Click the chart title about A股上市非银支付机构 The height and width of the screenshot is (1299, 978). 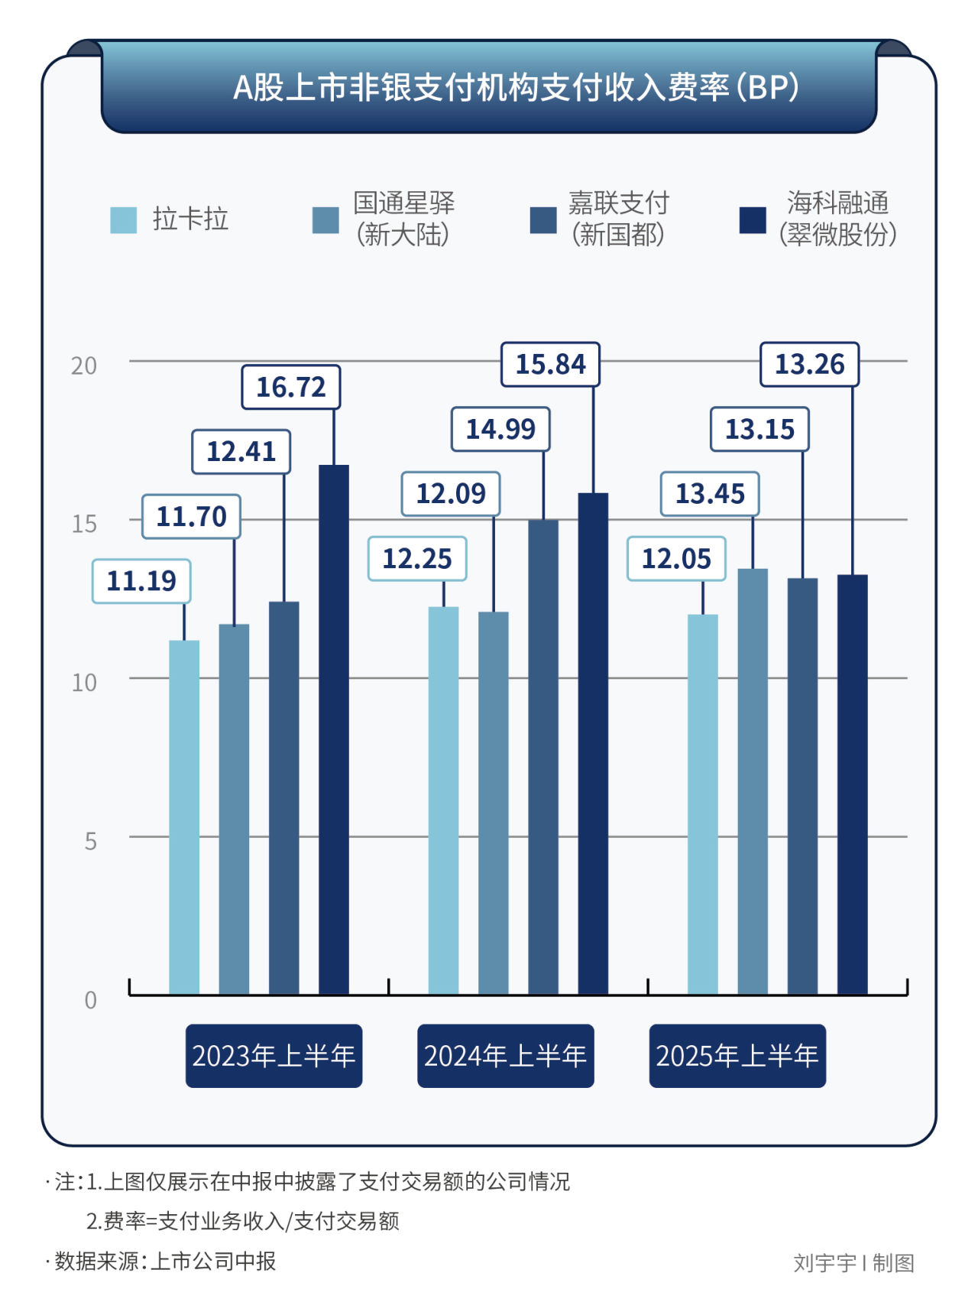(x=516, y=87)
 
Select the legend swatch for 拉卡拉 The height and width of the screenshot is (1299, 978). (x=124, y=219)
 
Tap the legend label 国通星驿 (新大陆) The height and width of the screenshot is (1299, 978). (x=403, y=219)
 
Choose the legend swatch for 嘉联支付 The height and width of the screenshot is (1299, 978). (x=543, y=219)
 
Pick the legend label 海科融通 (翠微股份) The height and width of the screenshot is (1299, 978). (x=837, y=219)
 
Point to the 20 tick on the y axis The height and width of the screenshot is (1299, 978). (x=84, y=366)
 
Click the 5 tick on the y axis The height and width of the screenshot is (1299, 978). (x=90, y=842)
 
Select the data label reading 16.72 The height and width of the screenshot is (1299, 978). (x=290, y=388)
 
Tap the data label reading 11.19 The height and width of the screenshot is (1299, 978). (x=141, y=581)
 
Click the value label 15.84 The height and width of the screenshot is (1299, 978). (x=550, y=365)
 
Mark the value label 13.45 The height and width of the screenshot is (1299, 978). (x=710, y=494)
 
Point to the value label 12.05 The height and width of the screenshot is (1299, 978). (x=676, y=559)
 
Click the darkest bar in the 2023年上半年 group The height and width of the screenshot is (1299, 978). (x=334, y=730)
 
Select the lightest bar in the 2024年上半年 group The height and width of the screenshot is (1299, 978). (x=443, y=801)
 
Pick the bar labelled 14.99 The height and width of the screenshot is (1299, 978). (x=543, y=757)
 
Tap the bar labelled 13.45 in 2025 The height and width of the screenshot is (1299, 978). (x=753, y=781)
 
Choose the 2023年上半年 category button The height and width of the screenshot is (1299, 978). (x=274, y=1056)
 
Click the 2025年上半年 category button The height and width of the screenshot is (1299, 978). (x=737, y=1056)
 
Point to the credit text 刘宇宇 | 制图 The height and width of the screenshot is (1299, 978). (x=853, y=1263)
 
